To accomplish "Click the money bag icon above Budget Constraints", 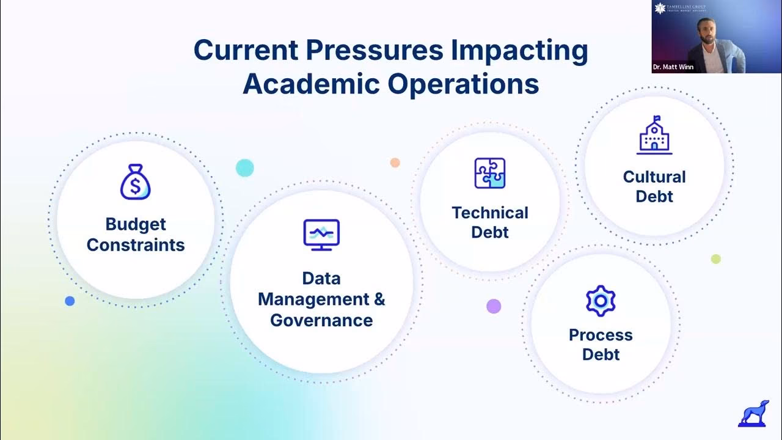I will click(136, 182).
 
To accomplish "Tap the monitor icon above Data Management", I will click(321, 235).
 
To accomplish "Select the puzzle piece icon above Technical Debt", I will click(490, 173).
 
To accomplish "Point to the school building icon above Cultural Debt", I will click(654, 135).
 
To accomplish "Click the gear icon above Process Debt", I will click(601, 301).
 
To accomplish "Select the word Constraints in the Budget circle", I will click(136, 245).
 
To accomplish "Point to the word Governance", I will click(321, 320).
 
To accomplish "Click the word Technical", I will click(490, 213).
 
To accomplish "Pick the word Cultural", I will click(654, 177).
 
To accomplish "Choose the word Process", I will click(601, 335).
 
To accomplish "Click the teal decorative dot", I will click(244, 167).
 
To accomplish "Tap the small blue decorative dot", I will click(70, 301).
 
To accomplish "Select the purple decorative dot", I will click(494, 306).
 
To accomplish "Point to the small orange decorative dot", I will click(395, 163).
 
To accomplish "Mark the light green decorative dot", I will click(716, 259).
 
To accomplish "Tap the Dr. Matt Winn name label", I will click(673, 67).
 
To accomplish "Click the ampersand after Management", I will click(379, 299).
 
